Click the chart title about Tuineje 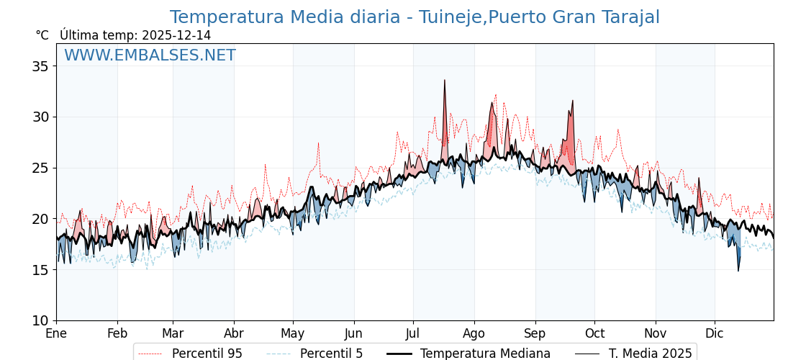[x=415, y=17]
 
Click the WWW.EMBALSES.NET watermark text [x=150, y=55]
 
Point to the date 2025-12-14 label [x=176, y=35]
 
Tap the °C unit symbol [x=42, y=35]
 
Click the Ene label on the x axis [x=56, y=333]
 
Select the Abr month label [x=234, y=333]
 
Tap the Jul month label [x=413, y=333]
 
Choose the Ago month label [x=474, y=333]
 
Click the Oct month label [x=594, y=333]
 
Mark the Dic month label [x=715, y=333]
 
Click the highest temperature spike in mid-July [x=445, y=81]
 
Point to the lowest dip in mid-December [x=738, y=270]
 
